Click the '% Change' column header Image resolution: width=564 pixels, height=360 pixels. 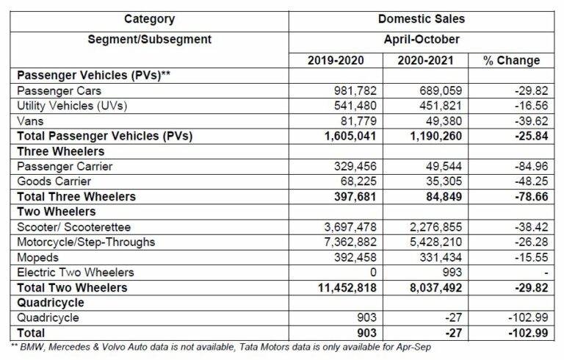tap(511, 60)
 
